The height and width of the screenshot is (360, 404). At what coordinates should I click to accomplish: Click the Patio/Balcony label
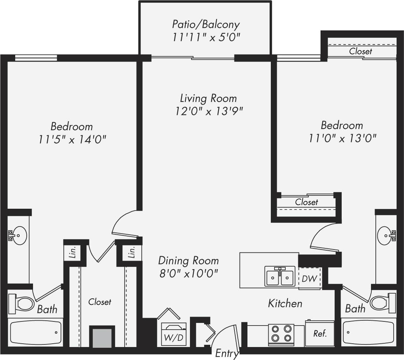206,24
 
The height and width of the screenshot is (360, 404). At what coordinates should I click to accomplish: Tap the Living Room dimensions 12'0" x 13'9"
209,111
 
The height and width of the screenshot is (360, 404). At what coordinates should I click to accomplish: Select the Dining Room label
188,260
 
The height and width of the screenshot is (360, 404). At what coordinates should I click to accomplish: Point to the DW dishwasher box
309,278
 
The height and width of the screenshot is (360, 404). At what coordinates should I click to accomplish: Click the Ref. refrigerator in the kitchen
320,333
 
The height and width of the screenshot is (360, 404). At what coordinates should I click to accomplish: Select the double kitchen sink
280,277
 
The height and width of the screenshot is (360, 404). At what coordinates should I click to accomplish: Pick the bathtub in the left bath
36,333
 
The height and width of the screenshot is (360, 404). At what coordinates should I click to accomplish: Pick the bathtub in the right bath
368,333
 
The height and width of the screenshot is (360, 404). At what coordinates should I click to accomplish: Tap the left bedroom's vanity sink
17,234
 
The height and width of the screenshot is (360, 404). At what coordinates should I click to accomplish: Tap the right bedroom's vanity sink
387,234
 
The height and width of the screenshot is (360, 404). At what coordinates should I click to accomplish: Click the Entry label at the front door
227,353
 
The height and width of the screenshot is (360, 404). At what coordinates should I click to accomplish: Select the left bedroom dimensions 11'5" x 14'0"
72,139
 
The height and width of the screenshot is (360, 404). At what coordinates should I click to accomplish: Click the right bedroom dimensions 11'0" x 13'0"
342,138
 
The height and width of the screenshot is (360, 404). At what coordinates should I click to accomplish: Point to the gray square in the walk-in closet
102,337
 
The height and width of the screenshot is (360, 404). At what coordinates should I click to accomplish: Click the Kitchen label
285,303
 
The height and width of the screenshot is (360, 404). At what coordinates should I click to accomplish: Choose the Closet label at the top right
360,52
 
